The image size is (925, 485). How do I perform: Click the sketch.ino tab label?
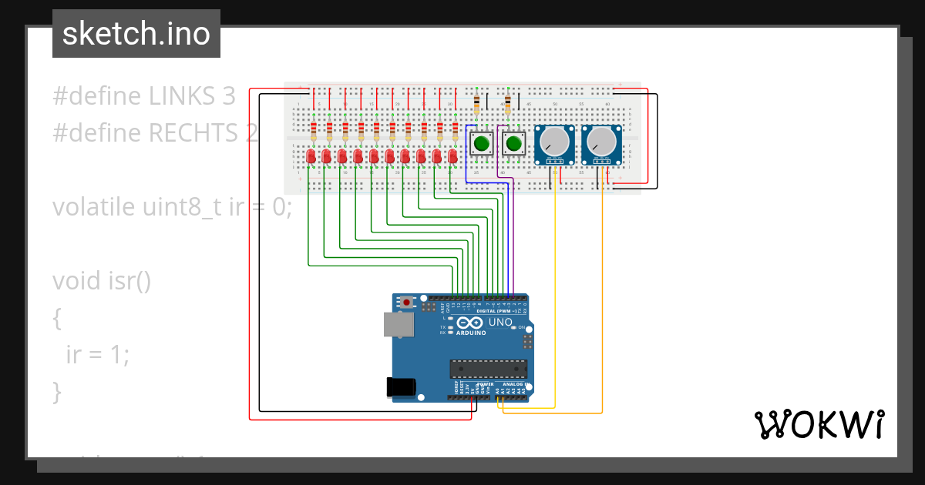point(136,34)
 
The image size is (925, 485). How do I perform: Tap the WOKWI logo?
point(818,424)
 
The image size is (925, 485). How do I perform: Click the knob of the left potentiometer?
point(554,141)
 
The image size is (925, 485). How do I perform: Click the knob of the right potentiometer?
point(601,141)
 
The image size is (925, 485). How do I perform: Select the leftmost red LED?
point(311,156)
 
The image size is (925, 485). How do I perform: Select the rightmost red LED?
point(453,156)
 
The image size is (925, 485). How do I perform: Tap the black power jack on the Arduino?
point(402,386)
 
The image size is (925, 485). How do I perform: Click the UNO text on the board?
point(500,323)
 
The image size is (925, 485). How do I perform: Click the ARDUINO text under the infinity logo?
point(470,333)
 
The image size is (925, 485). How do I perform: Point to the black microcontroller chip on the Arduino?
point(489,370)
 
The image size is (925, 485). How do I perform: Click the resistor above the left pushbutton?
point(476,102)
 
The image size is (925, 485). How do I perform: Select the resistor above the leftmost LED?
point(314,129)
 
